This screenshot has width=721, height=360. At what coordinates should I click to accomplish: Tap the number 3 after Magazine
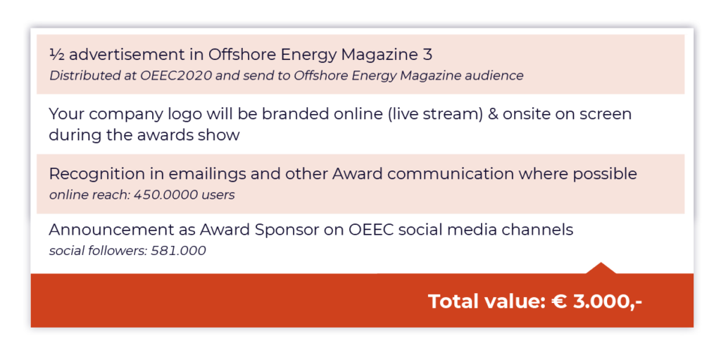pyautogui.click(x=427, y=55)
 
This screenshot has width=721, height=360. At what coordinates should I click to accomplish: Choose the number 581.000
pyautogui.click(x=178, y=251)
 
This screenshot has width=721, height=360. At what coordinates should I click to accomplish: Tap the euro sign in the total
pyautogui.click(x=559, y=302)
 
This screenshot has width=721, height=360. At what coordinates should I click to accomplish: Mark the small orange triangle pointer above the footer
pyautogui.click(x=601, y=268)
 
